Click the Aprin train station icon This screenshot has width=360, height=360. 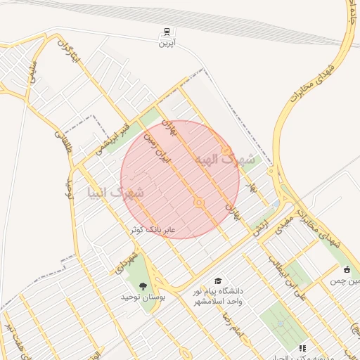[x=167, y=32]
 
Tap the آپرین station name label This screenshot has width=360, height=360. [x=167, y=44]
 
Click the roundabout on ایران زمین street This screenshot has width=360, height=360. [x=199, y=203]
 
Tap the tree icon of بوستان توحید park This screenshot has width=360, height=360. [x=144, y=285]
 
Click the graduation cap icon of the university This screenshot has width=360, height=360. [x=217, y=281]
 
